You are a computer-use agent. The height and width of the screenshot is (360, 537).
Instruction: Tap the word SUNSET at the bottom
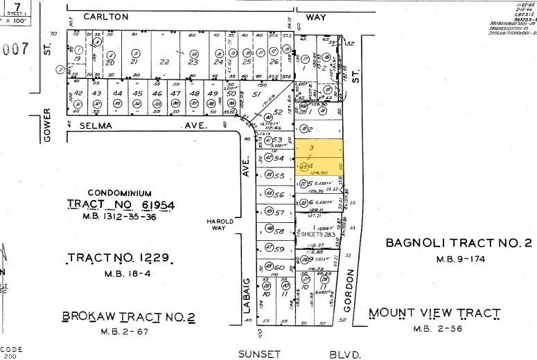point(259,354)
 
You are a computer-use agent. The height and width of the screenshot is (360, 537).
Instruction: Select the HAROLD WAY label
point(219,224)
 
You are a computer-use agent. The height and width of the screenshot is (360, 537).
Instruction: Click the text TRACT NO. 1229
point(121,258)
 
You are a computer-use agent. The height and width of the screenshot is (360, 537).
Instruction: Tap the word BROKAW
point(89,316)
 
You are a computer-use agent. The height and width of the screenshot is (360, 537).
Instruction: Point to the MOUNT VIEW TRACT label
point(434,313)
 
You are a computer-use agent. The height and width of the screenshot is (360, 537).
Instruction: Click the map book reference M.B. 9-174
point(458,259)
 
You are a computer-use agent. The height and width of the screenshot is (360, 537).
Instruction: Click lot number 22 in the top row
point(164,62)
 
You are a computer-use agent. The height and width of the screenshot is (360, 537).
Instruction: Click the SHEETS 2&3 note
point(317,235)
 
